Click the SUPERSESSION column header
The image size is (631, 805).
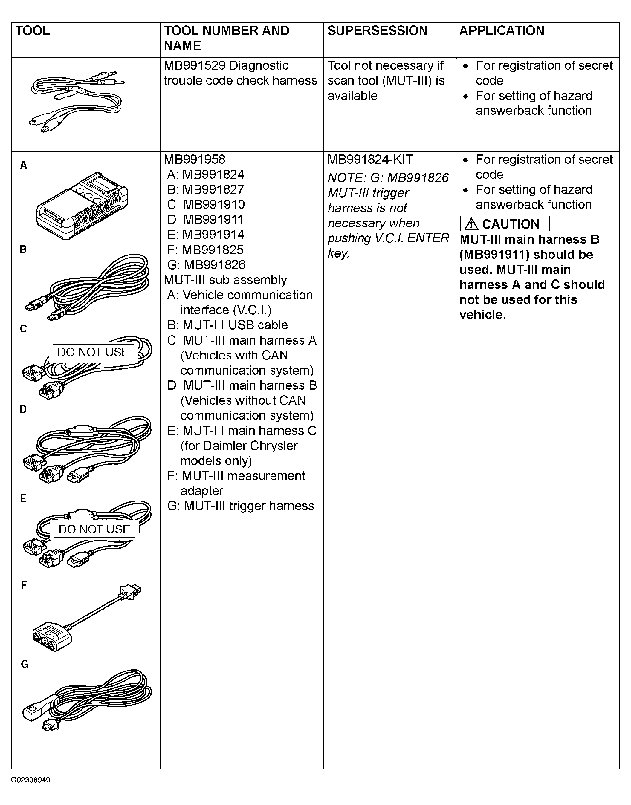[x=377, y=31]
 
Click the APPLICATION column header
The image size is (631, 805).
[x=501, y=31]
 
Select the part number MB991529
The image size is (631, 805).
[x=194, y=65]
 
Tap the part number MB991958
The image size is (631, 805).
[x=194, y=160]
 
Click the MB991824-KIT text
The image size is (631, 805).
[x=370, y=160]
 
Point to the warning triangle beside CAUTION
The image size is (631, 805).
[x=471, y=224]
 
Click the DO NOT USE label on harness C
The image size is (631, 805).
[x=93, y=352]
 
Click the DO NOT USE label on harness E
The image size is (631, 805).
[x=94, y=529]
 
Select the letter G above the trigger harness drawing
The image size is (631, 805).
[x=25, y=665]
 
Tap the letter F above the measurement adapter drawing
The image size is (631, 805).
[x=24, y=585]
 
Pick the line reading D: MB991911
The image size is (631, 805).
[x=205, y=220]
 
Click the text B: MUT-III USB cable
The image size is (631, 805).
[x=227, y=325]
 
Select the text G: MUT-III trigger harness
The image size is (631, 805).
[x=241, y=506]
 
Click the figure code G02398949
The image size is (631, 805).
[x=31, y=780]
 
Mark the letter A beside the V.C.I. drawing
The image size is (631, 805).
[x=24, y=166]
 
